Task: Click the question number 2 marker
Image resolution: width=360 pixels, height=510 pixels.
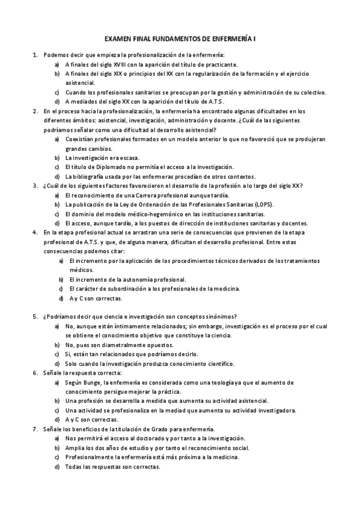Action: (x=35, y=111)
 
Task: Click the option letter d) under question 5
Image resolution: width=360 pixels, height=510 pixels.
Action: (x=56, y=363)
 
